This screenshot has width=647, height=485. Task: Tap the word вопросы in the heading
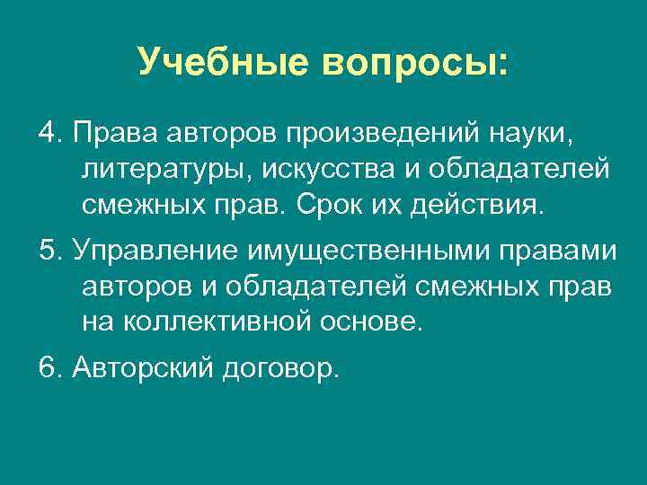[409, 61]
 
